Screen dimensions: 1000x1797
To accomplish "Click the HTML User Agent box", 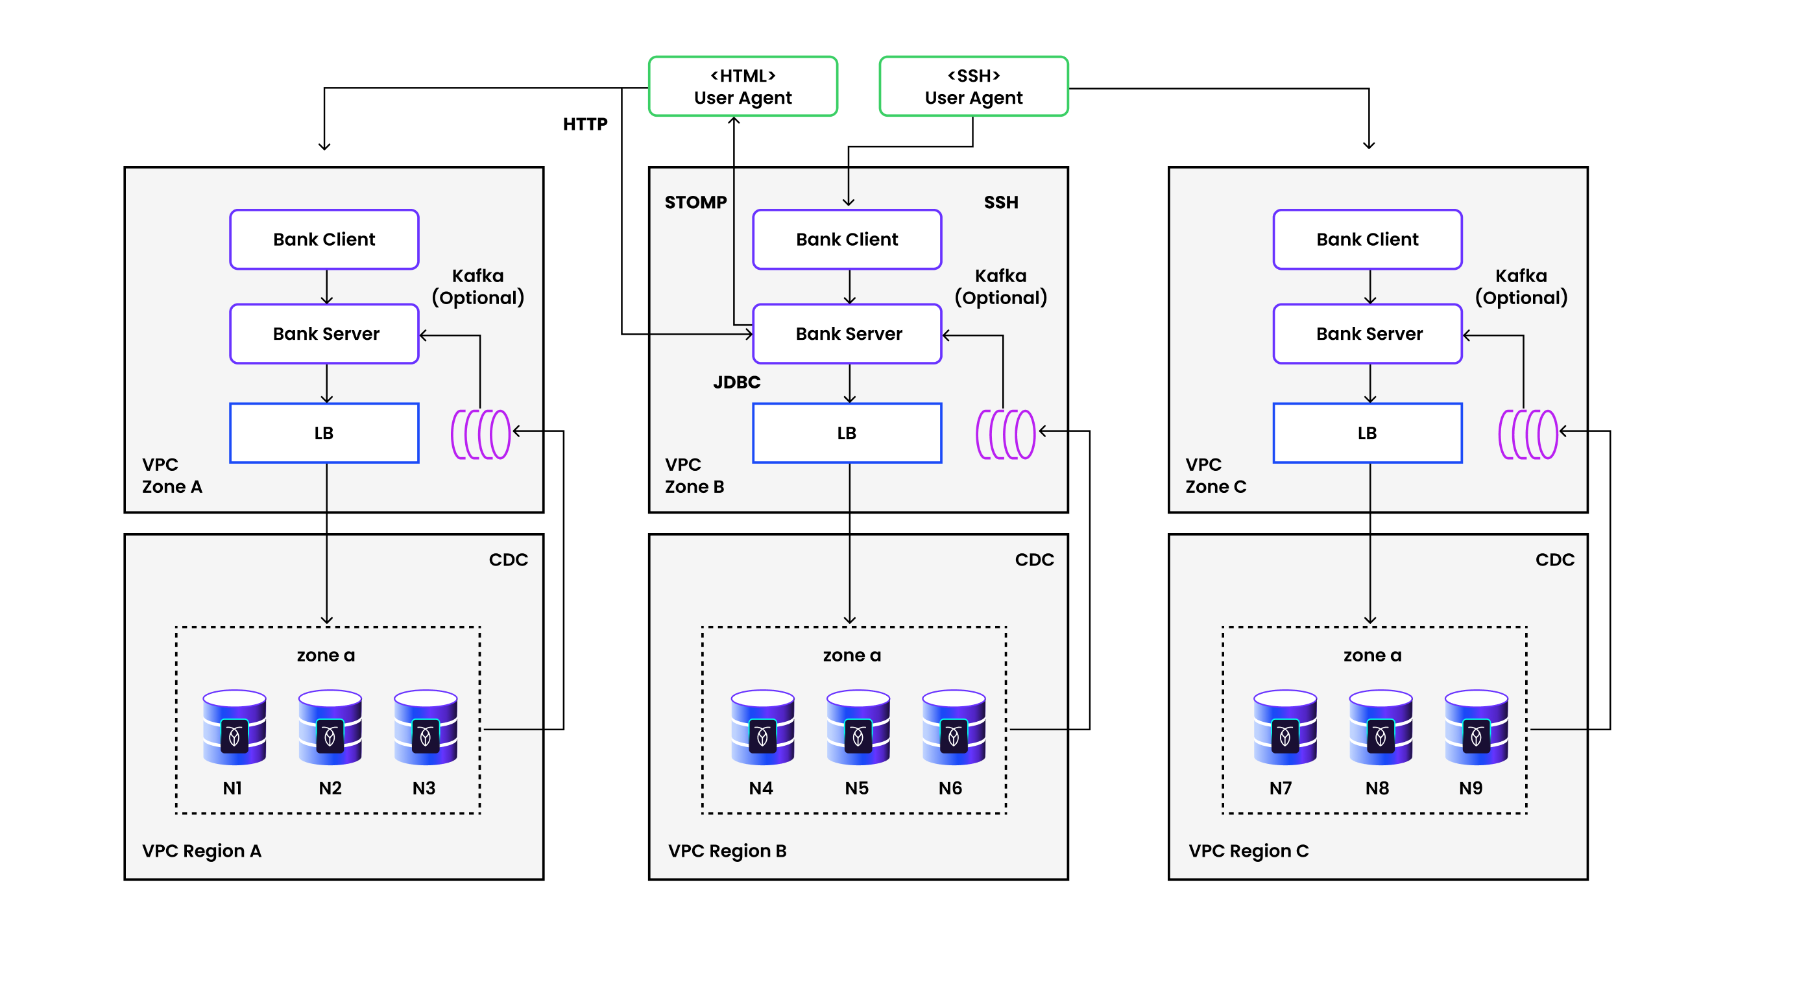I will tap(742, 86).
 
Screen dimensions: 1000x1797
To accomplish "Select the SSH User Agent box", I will tap(973, 86).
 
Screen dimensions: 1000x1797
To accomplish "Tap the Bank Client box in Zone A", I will tap(324, 239).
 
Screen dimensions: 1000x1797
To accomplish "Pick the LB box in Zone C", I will tap(1367, 433).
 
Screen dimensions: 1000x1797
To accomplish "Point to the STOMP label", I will tap(695, 202).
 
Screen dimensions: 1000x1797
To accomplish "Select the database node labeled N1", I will tap(234, 728).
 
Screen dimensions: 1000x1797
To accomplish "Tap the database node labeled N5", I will tap(858, 728).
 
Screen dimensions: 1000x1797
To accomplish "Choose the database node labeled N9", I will tap(1475, 728).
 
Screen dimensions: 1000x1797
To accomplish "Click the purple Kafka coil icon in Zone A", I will tap(481, 434).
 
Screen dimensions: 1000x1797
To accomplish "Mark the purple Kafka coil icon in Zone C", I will tap(1527, 434).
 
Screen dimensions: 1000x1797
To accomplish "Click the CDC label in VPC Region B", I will tap(1034, 559).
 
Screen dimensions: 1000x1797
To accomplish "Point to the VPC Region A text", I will tap(202, 851).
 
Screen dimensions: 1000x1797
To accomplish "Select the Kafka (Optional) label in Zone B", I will tap(1000, 287).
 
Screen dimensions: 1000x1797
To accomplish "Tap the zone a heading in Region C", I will tap(1371, 656).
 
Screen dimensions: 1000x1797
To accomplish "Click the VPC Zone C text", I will tap(1215, 475).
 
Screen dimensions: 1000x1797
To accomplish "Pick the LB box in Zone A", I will tap(324, 433).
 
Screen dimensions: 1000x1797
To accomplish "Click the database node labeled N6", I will tap(953, 728).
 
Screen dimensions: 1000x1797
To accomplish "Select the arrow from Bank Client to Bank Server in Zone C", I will tap(1369, 287).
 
